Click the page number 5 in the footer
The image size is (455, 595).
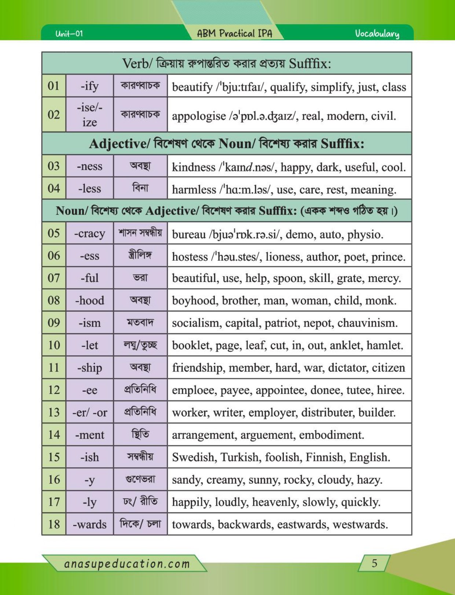click(374, 563)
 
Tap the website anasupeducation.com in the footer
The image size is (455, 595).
click(127, 564)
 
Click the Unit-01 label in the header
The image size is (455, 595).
click(69, 34)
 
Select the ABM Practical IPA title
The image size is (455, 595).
click(235, 34)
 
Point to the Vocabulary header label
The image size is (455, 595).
click(377, 34)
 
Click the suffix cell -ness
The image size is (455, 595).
click(89, 166)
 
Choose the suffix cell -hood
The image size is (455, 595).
click(89, 301)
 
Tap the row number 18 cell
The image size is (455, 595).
click(54, 524)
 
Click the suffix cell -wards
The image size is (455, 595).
click(89, 524)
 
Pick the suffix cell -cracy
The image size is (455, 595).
click(89, 234)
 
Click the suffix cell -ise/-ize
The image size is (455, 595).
click(89, 115)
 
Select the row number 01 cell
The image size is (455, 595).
click(54, 86)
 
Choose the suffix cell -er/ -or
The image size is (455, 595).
click(89, 413)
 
